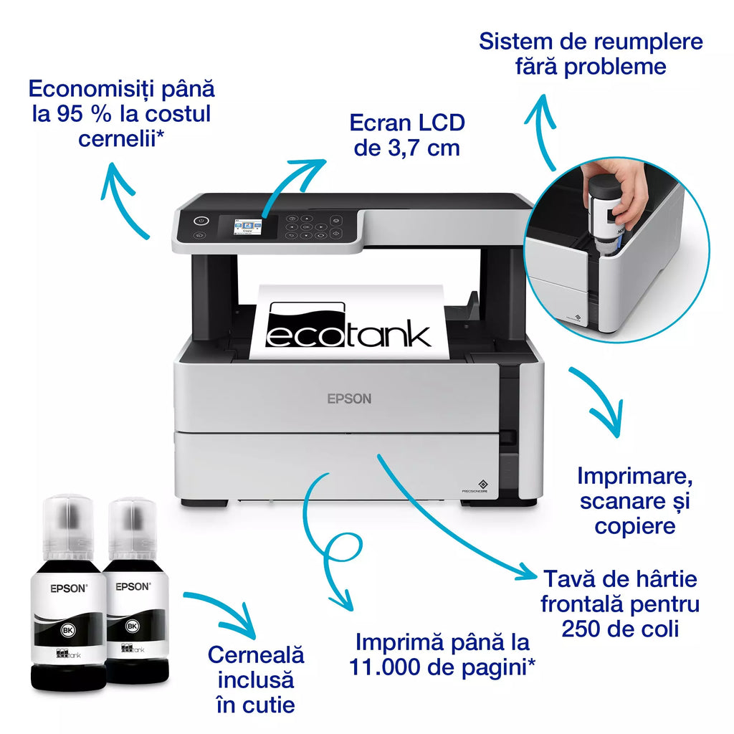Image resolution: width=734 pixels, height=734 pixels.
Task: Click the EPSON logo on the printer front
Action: click(349, 399)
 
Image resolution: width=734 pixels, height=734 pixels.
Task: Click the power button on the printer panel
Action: click(201, 221)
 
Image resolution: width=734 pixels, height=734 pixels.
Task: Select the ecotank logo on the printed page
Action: click(348, 326)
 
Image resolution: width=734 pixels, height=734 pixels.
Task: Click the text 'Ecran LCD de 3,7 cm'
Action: click(407, 135)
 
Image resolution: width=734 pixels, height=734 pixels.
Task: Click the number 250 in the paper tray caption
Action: click(578, 629)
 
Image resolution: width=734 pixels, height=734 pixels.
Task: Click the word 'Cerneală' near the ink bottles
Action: click(256, 654)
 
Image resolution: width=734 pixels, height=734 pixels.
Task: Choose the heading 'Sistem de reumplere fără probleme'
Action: click(591, 54)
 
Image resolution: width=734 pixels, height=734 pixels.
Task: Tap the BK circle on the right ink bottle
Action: click(132, 626)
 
